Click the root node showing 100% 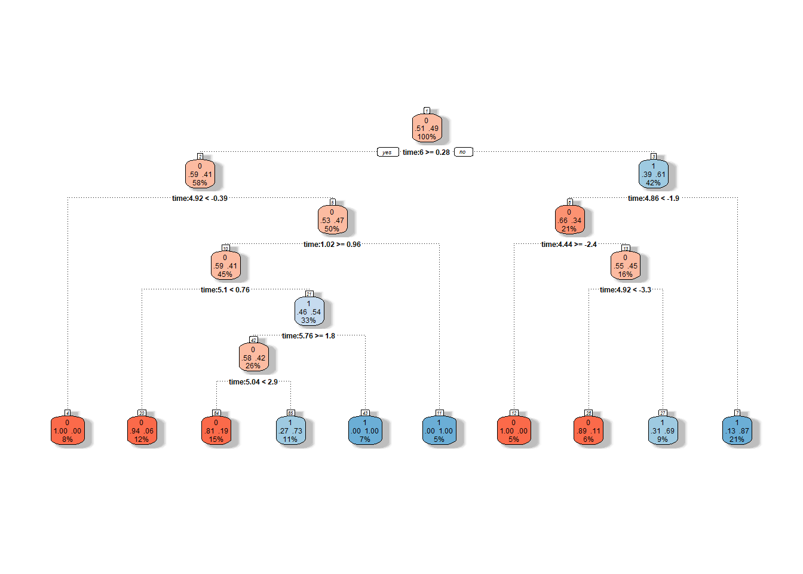[x=427, y=129]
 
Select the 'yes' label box [x=387, y=152]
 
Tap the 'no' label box [x=463, y=152]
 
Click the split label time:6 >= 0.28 [x=426, y=152]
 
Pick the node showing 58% [x=200, y=174]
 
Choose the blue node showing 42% [x=653, y=174]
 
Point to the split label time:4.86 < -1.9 [x=653, y=199]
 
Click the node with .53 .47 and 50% [x=332, y=220]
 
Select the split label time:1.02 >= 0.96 [x=332, y=245]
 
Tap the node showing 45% [x=225, y=266]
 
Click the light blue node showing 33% [x=309, y=312]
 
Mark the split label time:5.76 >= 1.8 [x=308, y=336]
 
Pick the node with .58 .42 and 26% [x=253, y=358]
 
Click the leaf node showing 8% [x=68, y=430]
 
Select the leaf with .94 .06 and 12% [x=142, y=430]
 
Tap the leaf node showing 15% [x=216, y=430]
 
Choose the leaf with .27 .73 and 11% [x=290, y=430]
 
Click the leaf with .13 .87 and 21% [x=737, y=430]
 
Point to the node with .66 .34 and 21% [x=569, y=220]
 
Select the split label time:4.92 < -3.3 [x=625, y=290]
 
